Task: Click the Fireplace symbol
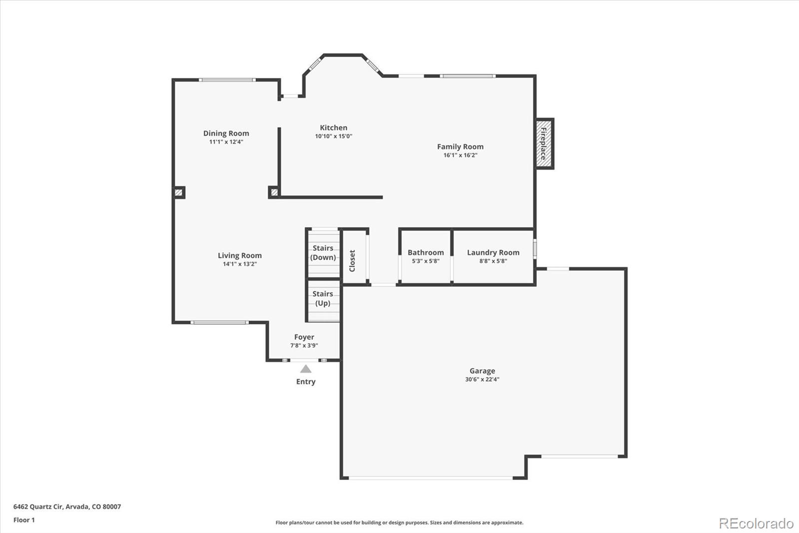coord(544,144)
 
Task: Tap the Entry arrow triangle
coord(306,369)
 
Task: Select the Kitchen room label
coord(334,127)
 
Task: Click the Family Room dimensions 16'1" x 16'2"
coord(460,155)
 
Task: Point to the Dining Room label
coord(226,133)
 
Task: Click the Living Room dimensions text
coord(239,264)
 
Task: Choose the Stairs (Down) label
coord(323,252)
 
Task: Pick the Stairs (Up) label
coord(323,298)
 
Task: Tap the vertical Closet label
coord(352,260)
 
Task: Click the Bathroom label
coord(425,252)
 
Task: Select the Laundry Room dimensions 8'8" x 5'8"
coord(493,261)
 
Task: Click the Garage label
coord(482,370)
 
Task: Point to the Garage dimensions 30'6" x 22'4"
coord(482,379)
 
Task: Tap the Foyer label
coord(304,337)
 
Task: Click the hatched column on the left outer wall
coord(179,192)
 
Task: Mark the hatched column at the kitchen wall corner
coord(274,192)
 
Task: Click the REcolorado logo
coord(756,523)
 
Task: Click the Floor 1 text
coord(24,520)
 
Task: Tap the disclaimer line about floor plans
coord(399,522)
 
